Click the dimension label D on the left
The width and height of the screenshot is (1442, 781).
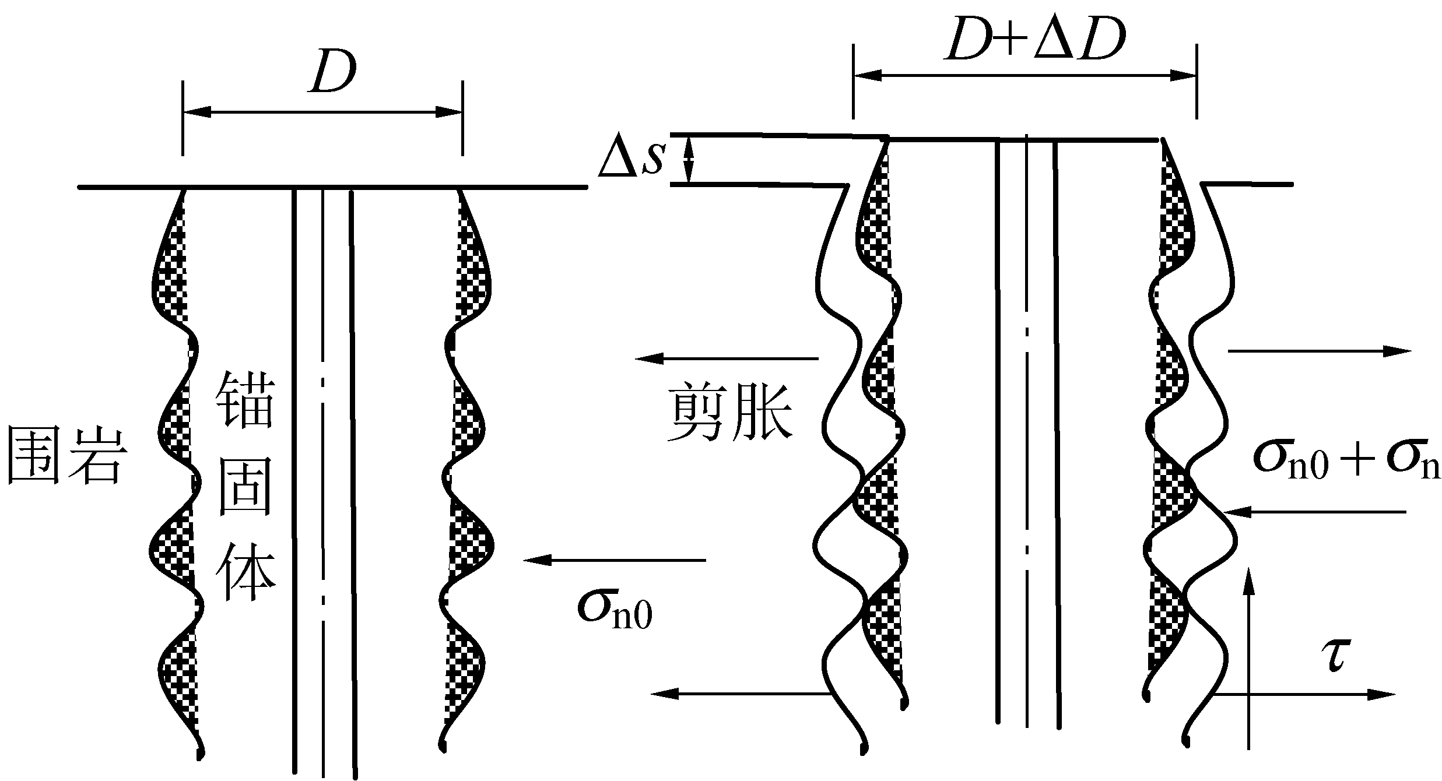[x=334, y=75]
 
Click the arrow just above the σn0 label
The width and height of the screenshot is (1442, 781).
[x=615, y=561]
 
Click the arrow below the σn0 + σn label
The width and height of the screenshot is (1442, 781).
[x=1315, y=512]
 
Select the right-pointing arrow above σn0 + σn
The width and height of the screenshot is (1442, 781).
[x=1320, y=351]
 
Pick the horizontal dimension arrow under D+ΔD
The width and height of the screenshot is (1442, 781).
[x=1025, y=75]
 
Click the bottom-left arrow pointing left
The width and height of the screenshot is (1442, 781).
[x=741, y=694]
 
